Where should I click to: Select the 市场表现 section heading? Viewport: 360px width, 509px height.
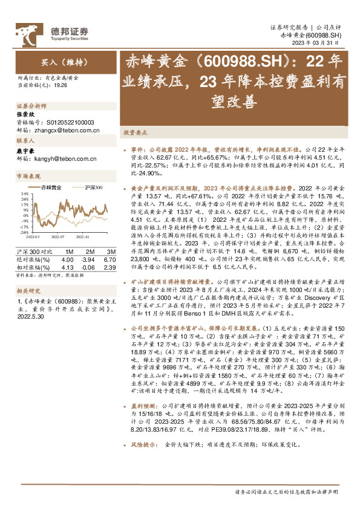click(x=28, y=176)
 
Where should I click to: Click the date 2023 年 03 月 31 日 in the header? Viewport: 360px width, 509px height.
click(x=321, y=44)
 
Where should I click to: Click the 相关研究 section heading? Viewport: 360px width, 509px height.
click(x=28, y=290)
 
